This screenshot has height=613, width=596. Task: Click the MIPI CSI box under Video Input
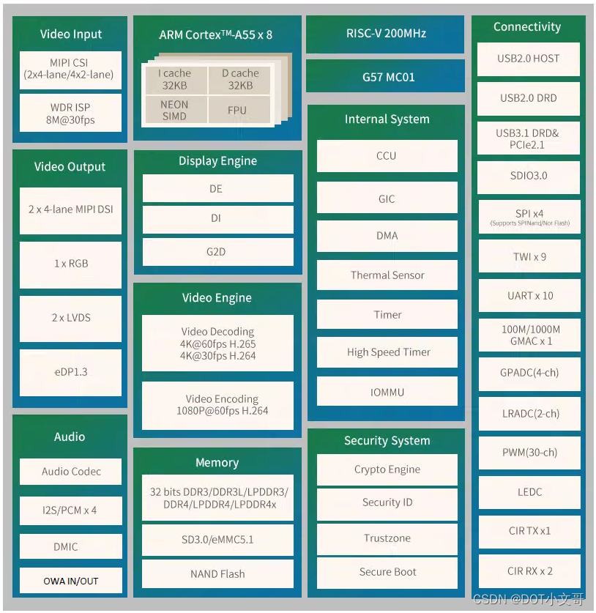click(70, 69)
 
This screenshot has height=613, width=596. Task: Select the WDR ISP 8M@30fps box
click(70, 113)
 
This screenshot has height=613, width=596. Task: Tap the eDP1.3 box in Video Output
click(70, 372)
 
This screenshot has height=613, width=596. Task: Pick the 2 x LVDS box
click(70, 318)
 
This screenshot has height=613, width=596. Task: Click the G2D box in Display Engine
click(217, 252)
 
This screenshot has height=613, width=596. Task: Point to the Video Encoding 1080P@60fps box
click(217, 404)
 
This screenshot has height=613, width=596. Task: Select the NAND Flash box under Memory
click(217, 573)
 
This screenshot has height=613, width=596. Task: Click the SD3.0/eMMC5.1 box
click(217, 540)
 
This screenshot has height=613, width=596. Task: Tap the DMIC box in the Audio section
click(70, 546)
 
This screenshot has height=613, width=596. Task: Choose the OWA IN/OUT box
click(70, 581)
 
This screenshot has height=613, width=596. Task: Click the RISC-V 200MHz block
click(385, 34)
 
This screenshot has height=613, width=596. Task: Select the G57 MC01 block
click(385, 77)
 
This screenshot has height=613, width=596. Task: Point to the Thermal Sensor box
click(387, 275)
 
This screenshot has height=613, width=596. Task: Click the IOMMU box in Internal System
click(387, 392)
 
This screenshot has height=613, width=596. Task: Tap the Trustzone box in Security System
click(387, 538)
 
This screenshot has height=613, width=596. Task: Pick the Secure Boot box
click(387, 572)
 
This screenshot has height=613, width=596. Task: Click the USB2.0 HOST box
click(529, 59)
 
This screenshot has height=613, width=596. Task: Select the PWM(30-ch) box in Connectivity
click(529, 453)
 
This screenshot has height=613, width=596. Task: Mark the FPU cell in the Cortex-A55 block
click(237, 111)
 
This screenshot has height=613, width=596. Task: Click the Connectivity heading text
click(527, 27)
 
